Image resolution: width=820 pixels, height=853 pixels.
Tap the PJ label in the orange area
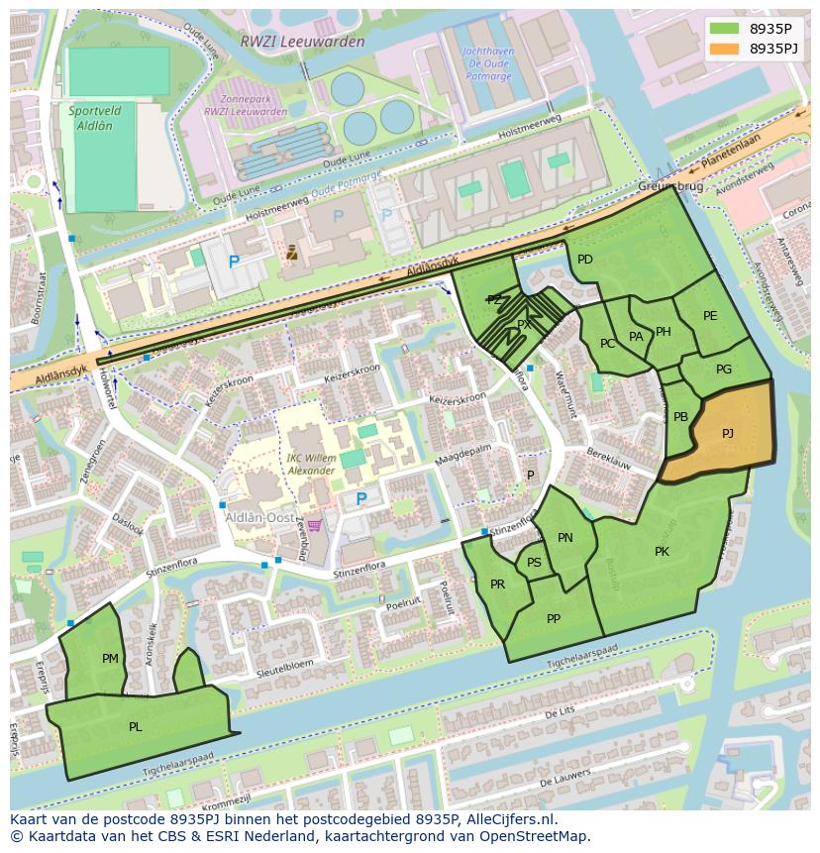(x=728, y=433)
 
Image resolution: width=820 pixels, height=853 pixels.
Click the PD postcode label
(x=585, y=260)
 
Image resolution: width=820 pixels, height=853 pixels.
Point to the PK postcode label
(x=662, y=552)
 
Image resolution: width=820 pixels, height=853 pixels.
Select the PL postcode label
(x=135, y=726)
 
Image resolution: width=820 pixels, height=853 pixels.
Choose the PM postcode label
(x=110, y=658)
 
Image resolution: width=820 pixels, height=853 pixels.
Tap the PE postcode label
(x=710, y=316)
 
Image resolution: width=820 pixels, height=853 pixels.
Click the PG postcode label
(x=724, y=370)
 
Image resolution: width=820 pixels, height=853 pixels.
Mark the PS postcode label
(x=534, y=563)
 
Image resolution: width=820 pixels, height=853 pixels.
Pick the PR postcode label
(x=497, y=585)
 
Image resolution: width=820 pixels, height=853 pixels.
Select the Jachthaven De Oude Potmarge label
(x=488, y=63)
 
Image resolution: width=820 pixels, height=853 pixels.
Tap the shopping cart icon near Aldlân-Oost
(x=314, y=525)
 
